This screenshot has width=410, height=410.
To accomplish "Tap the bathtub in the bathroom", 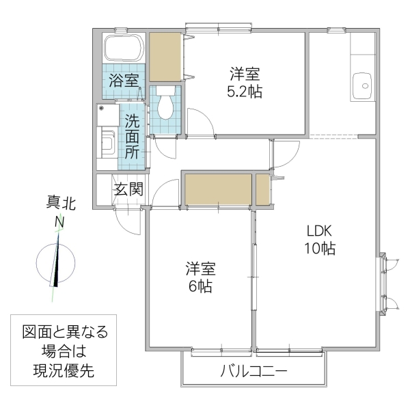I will click(x=123, y=49).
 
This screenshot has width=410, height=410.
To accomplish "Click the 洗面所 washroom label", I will click(x=133, y=135).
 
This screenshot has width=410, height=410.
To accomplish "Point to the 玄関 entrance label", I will click(x=128, y=189).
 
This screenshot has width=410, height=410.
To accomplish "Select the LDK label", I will click(x=319, y=230).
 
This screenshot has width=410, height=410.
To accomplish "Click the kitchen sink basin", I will click(x=363, y=87).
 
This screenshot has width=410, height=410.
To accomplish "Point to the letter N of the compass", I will click(x=60, y=222).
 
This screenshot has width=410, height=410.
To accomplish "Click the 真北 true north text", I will click(x=61, y=203).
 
